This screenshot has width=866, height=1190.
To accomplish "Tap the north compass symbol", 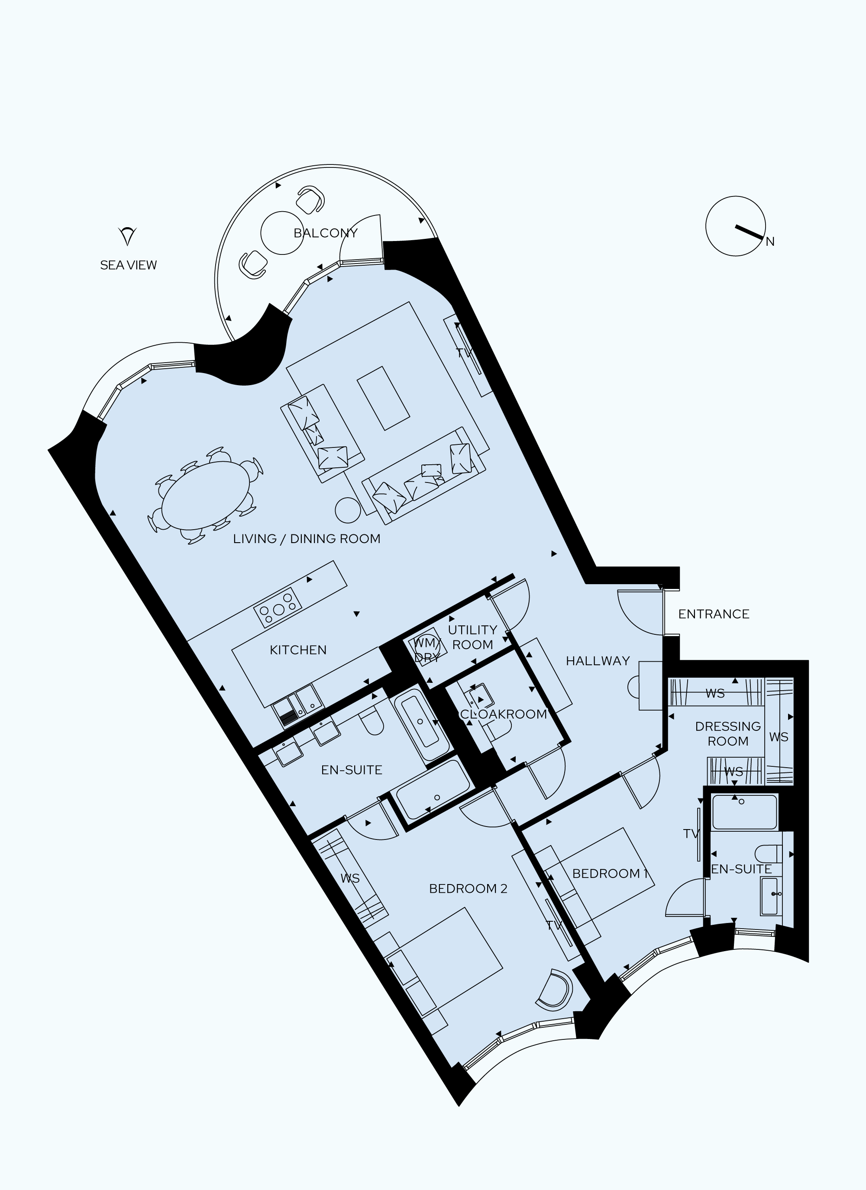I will coord(735,226).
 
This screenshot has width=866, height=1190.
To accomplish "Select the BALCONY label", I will coord(325,233).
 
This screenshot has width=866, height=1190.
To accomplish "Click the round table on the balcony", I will coord(282,233).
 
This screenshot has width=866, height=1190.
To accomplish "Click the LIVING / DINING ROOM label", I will coord(307,539).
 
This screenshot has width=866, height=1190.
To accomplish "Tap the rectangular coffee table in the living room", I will coord(383,398).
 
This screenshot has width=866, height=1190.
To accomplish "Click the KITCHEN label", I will coord(298,650).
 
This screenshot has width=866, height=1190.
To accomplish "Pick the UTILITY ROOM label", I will coord(472,637).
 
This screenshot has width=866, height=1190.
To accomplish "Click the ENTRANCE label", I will coord(713,614).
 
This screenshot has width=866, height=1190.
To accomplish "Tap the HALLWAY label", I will coord(598,661).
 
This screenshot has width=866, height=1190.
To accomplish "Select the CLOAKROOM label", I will coord(503,714).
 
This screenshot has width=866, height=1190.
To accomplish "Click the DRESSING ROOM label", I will coord(728,733).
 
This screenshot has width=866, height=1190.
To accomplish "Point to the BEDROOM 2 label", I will coord(468,888).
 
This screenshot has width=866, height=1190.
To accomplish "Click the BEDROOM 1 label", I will coord(610,874).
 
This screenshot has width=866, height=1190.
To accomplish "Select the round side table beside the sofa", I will coord(348,510).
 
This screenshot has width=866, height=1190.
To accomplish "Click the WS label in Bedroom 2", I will coord(350,878).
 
